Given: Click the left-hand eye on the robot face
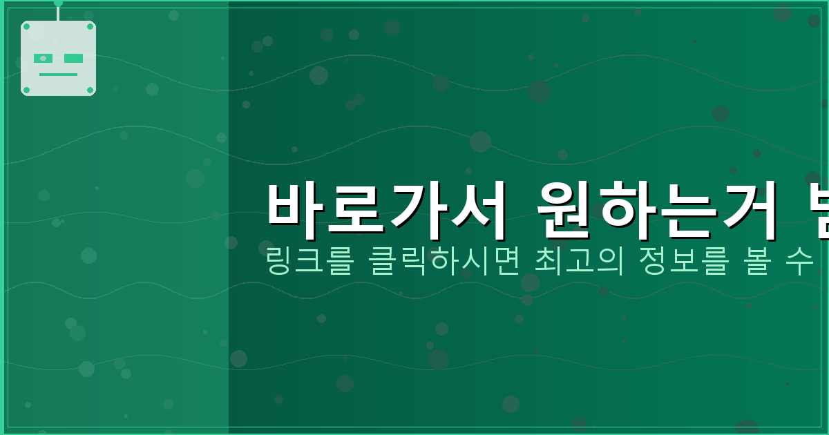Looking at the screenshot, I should (43, 59).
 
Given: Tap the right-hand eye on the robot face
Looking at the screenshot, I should (73, 59).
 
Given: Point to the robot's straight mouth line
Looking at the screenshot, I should (58, 75).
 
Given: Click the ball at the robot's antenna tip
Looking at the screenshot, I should (58, 3).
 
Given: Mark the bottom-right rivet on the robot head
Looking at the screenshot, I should (90, 90).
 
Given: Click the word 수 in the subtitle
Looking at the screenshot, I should (801, 262).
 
